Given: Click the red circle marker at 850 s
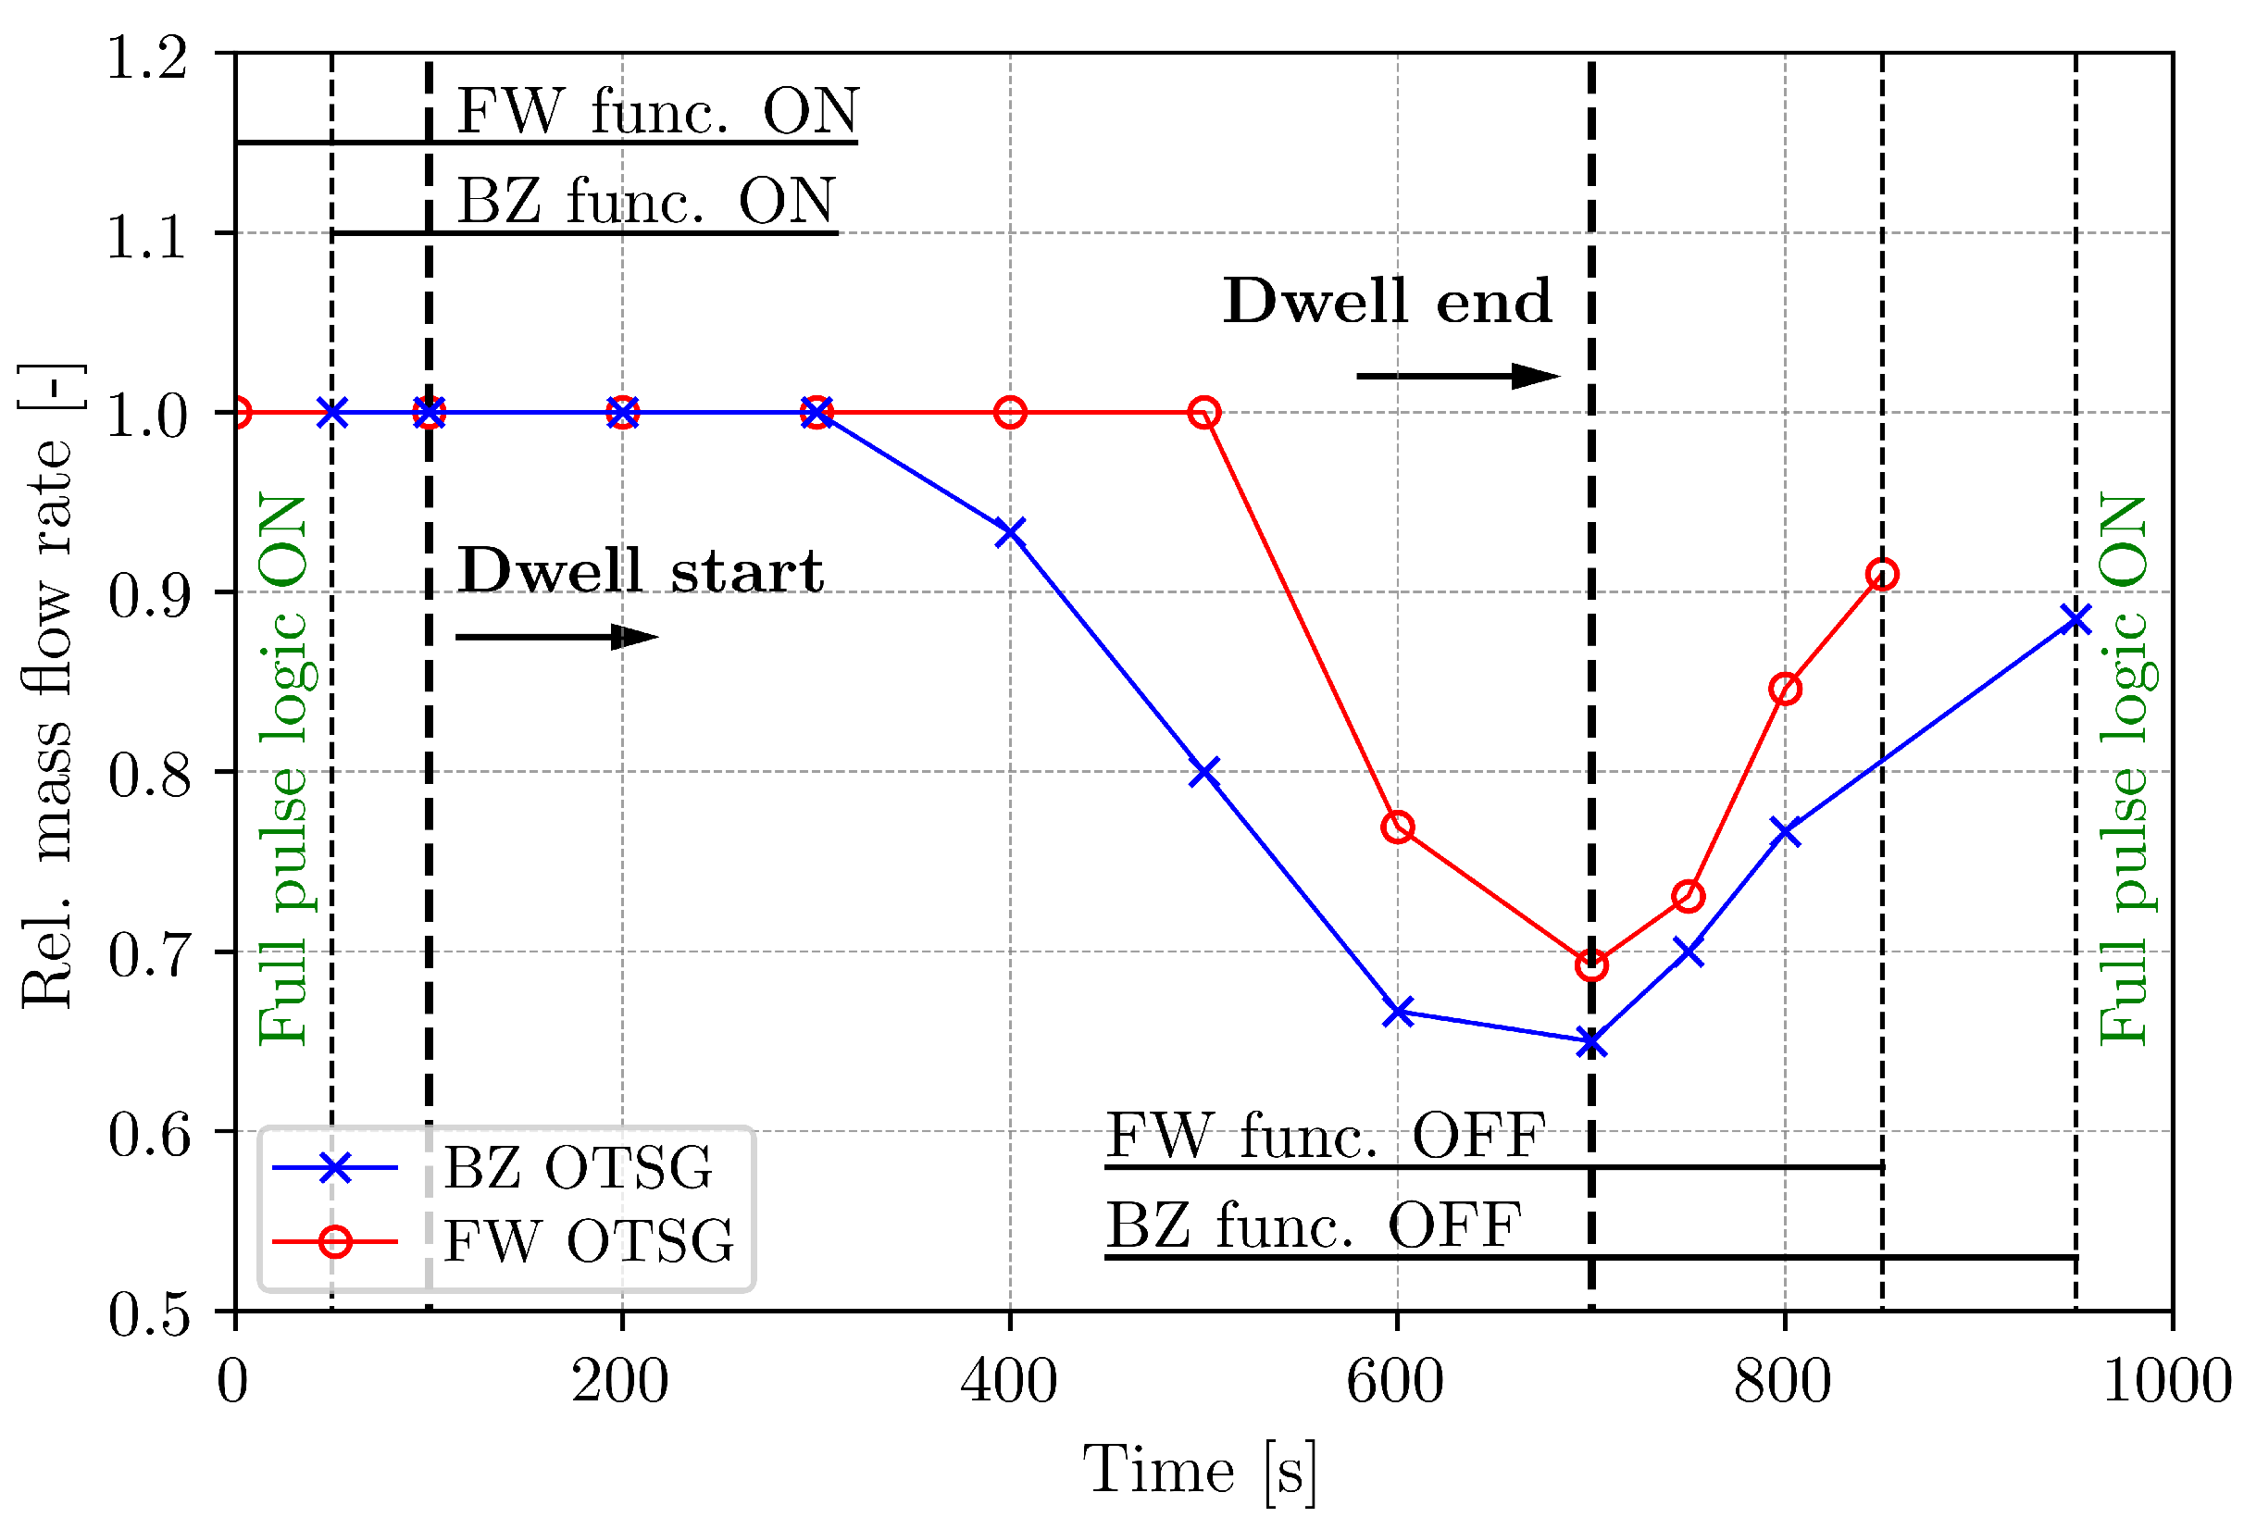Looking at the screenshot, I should [x=1881, y=576].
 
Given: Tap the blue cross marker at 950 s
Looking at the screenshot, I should [x=2075, y=619].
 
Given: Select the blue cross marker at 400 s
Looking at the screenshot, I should [x=1010, y=532].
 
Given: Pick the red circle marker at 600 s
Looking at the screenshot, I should [x=1397, y=827].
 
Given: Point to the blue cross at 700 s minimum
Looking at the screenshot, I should [x=1591, y=1042].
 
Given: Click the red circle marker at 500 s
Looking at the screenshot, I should [x=1203, y=413].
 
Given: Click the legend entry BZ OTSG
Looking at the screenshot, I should [x=577, y=1168].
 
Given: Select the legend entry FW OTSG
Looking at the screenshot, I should [x=587, y=1241].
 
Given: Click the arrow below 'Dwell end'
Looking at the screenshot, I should [x=1457, y=376].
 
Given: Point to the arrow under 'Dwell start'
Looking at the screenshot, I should [x=556, y=637].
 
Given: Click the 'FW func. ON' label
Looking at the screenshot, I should [x=656, y=111].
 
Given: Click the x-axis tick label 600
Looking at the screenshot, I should [x=1394, y=1381].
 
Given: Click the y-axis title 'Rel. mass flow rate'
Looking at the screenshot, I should [x=48, y=685].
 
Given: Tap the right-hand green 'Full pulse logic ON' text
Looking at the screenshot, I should [x=2123, y=769].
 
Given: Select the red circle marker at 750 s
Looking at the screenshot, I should [x=1688, y=897].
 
